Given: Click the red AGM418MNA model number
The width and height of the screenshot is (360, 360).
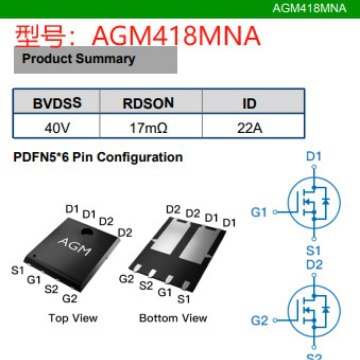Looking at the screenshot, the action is point(175,37).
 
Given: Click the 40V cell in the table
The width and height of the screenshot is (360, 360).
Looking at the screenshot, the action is point(57,128).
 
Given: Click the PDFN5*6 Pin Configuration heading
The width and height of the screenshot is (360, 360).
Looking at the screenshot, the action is point(96,158).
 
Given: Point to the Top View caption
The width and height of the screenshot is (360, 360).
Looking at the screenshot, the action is point(72,318).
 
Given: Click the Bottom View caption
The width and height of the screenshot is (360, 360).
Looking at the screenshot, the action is point(173,318).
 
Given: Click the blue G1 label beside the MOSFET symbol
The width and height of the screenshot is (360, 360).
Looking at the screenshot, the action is point(260,213).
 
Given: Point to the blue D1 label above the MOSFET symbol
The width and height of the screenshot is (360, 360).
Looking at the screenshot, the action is point(314,157).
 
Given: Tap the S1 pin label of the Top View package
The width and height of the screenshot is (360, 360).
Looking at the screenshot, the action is point(17,270).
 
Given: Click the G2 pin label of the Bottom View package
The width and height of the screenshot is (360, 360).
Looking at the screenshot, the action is point(127,279).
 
